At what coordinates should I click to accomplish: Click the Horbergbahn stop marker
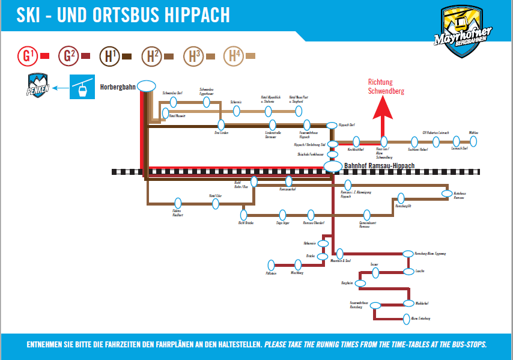[147, 85]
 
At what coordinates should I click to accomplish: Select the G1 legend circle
[27, 56]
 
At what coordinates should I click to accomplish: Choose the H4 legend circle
[233, 56]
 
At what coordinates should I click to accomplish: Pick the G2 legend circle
[67, 56]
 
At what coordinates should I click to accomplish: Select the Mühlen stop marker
[473, 141]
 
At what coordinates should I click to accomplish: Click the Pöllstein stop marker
[271, 264]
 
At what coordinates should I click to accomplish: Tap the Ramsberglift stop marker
[401, 198]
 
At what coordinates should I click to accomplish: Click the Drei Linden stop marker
[221, 125]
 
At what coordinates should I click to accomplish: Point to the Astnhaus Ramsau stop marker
[446, 194]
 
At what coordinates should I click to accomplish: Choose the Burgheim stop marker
[360, 282]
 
